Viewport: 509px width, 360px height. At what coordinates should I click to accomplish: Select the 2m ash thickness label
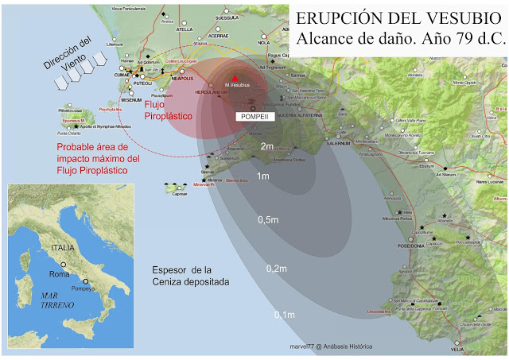point(267,147)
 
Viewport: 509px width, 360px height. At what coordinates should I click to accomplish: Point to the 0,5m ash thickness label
point(268,219)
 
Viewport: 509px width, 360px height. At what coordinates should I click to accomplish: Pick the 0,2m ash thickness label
point(276,269)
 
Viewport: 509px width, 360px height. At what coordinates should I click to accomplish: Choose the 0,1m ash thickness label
point(284,315)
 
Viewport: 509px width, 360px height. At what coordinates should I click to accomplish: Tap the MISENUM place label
point(131,100)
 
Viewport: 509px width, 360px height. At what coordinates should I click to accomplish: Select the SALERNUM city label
point(359,143)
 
